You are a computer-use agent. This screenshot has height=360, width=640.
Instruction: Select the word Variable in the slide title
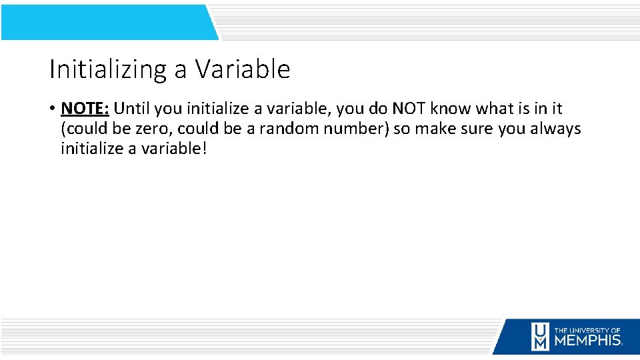(x=243, y=69)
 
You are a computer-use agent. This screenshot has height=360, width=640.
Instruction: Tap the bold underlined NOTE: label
(x=85, y=108)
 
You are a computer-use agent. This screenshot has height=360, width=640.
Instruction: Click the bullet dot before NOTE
(x=52, y=109)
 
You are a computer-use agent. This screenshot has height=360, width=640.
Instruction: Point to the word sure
(x=477, y=128)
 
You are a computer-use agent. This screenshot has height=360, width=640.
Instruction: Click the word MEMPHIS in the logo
(x=587, y=340)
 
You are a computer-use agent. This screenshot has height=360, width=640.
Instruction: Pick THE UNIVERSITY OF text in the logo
(x=587, y=329)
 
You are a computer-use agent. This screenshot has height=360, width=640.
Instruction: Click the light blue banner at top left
(x=107, y=22)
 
